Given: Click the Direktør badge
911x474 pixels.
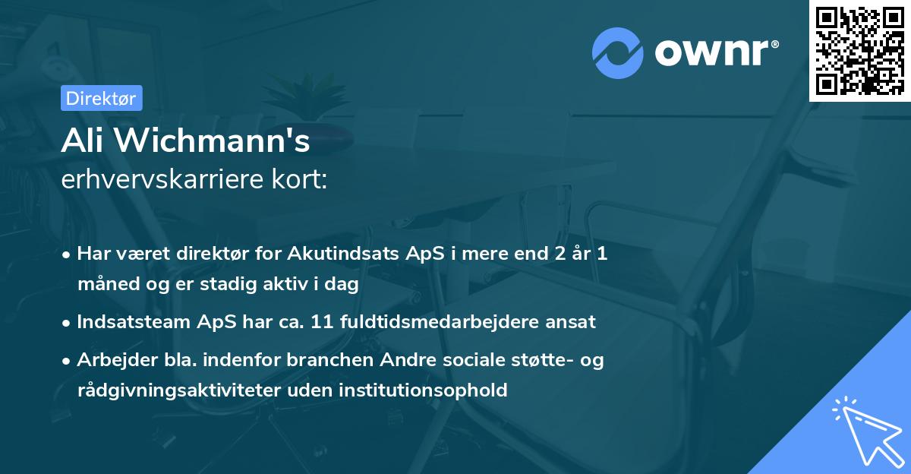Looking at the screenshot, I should (101, 98).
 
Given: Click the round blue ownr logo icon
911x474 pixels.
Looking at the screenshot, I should (617, 52).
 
